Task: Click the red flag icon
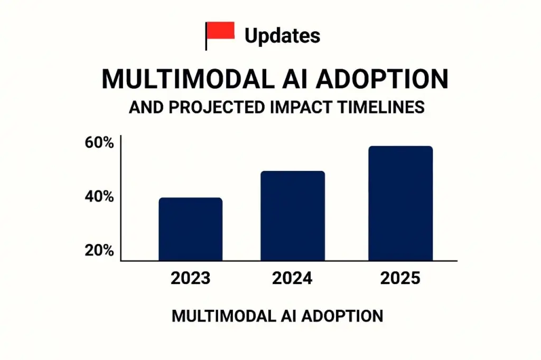point(220,32)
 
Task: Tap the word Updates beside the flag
point(282,36)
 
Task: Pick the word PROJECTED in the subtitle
point(214,107)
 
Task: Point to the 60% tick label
point(99,143)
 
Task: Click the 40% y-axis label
point(99,197)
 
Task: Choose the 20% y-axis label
point(99,251)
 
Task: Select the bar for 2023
point(190,230)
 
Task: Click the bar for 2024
point(293,216)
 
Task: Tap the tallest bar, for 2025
point(400,204)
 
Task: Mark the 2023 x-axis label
point(190,278)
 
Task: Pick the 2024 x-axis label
point(293,278)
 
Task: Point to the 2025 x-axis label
point(400,278)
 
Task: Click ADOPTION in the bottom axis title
point(340,316)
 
